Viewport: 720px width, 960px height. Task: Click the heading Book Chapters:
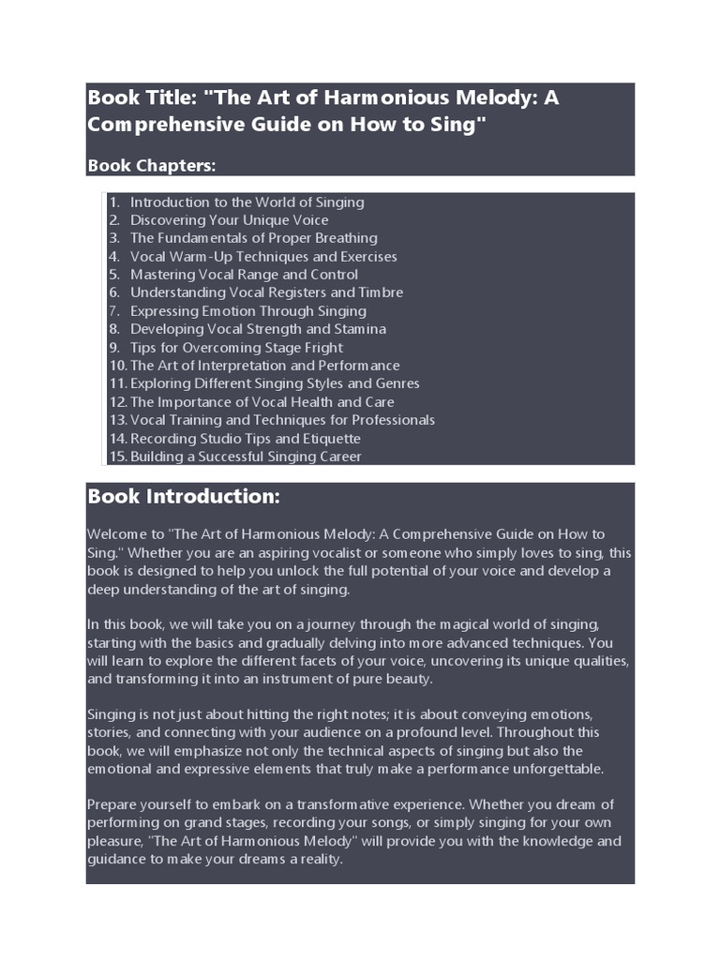coord(151,166)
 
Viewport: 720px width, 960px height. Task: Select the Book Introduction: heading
coord(183,496)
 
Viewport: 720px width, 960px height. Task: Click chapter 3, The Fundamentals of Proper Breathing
coord(253,238)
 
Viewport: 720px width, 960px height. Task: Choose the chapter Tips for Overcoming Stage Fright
coord(236,348)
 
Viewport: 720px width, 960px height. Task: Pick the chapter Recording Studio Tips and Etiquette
coord(245,439)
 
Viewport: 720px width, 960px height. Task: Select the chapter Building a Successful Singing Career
coord(245,457)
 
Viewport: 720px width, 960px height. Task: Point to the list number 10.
coord(117,366)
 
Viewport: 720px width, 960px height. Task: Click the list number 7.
coord(114,311)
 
